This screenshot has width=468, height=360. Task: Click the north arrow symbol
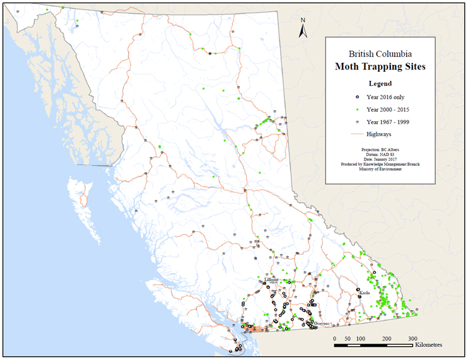point(303,28)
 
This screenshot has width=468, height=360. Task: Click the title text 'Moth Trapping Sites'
point(380,66)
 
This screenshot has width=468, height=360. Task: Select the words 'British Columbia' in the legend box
point(380,54)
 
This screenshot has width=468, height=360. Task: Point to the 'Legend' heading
point(380,83)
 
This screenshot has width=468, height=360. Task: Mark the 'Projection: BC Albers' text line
point(380,149)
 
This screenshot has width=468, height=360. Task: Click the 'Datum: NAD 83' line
point(380,154)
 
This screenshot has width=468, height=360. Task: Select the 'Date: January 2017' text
point(380,160)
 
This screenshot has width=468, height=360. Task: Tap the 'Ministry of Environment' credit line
point(380,170)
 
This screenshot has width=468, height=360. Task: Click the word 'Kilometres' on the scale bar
point(431,345)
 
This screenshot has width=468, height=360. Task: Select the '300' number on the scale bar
point(412,339)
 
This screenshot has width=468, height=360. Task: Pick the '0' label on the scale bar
point(334,339)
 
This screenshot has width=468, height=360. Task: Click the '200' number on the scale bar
point(387,339)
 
